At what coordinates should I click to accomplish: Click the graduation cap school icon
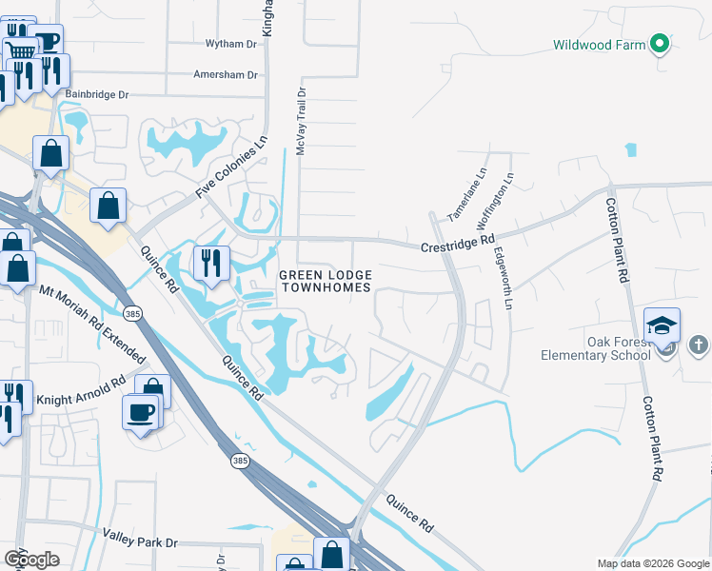tap(662, 325)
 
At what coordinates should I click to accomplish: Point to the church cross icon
tap(698, 345)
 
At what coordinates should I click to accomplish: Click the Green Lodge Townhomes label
tap(323, 282)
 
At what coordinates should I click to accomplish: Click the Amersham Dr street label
tap(225, 74)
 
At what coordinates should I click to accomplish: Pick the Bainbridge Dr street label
tap(96, 95)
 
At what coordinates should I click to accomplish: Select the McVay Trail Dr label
tap(301, 122)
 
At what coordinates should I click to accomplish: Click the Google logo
tap(31, 560)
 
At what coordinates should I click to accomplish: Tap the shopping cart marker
tap(18, 51)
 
